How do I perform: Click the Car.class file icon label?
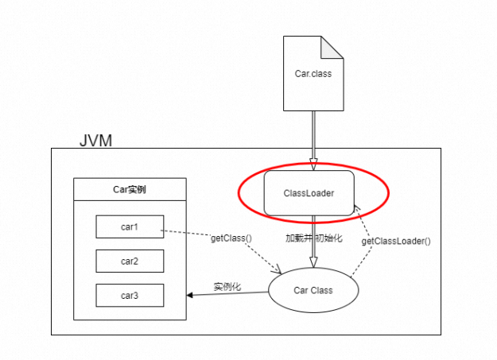[x=313, y=74]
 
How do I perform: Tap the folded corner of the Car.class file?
[x=332, y=48]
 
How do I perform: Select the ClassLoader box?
[x=309, y=193]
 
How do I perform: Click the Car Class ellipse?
[x=313, y=290]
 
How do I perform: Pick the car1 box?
[x=130, y=226]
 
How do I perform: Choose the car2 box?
[x=130, y=261]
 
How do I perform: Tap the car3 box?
[x=130, y=296]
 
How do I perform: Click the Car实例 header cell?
[x=130, y=189]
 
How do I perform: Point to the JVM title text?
[x=95, y=141]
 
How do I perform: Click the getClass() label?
[x=231, y=238]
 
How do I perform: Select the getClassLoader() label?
[x=396, y=241]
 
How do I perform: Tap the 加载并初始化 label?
[x=314, y=238]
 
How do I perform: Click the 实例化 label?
[x=227, y=287]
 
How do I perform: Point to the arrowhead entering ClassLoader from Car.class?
[x=313, y=165]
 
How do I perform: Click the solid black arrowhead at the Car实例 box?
[x=189, y=296]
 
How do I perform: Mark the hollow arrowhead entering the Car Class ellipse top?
[x=313, y=262]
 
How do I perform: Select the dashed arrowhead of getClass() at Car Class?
[x=277, y=269]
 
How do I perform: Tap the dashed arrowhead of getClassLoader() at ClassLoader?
[x=357, y=207]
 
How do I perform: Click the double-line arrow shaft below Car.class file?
[x=313, y=135]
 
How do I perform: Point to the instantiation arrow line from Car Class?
[x=227, y=294]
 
